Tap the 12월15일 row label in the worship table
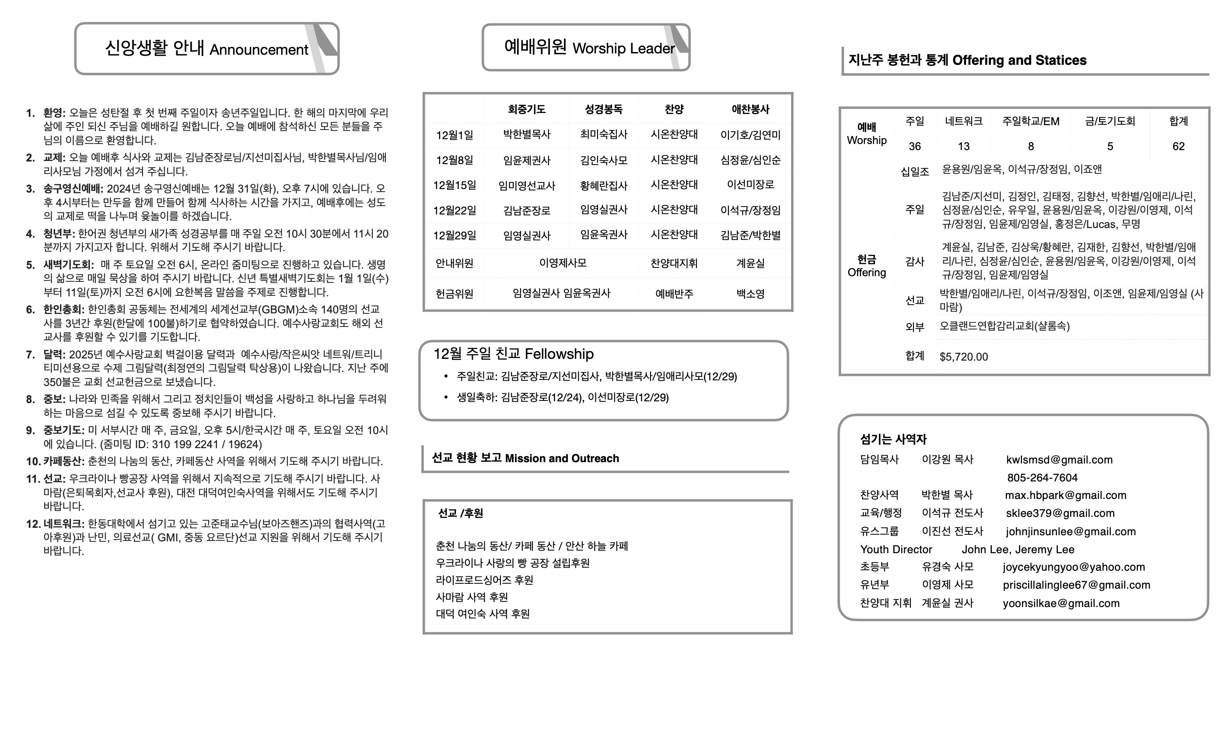(455, 186)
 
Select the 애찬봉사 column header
(750, 109)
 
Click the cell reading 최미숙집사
(604, 134)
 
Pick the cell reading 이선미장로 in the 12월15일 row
(750, 185)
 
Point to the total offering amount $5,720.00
(963, 357)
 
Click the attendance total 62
(1178, 146)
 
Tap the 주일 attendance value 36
(915, 146)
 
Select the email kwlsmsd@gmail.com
(1059, 460)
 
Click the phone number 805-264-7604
(1042, 478)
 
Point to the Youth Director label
(896, 550)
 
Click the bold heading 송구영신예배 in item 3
(73, 189)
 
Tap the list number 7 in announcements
(30, 355)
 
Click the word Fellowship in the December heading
(559, 354)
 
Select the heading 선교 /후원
(460, 513)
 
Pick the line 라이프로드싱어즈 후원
(484, 580)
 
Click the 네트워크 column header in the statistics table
(963, 121)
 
